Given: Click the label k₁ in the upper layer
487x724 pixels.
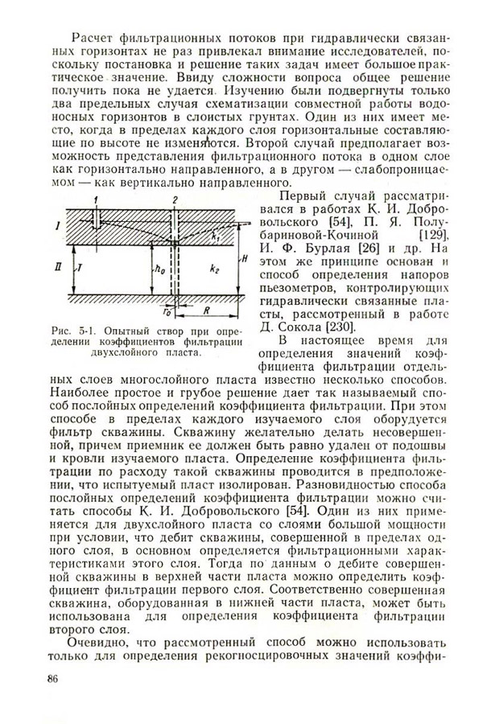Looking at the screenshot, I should (235, 238).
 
